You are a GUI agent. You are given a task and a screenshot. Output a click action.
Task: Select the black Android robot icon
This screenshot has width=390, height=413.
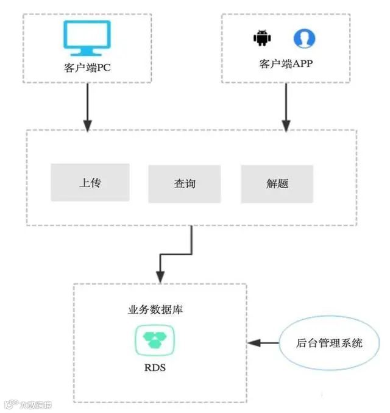coord(261,38)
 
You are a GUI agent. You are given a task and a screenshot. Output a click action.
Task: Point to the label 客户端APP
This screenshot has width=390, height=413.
coord(286,63)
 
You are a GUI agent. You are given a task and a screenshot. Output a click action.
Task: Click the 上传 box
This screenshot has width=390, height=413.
coord(90,182)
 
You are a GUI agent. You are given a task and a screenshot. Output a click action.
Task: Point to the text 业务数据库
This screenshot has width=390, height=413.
coord(156,309)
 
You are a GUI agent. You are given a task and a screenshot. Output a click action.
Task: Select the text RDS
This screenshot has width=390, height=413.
coord(155,367)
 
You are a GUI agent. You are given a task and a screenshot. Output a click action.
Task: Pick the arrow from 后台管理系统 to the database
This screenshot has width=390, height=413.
coord(263,343)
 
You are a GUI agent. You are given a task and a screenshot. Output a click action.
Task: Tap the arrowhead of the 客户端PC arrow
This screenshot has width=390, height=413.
coord(88,125)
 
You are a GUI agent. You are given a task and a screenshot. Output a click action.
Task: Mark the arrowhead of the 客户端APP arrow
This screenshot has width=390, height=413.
coord(285,125)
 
